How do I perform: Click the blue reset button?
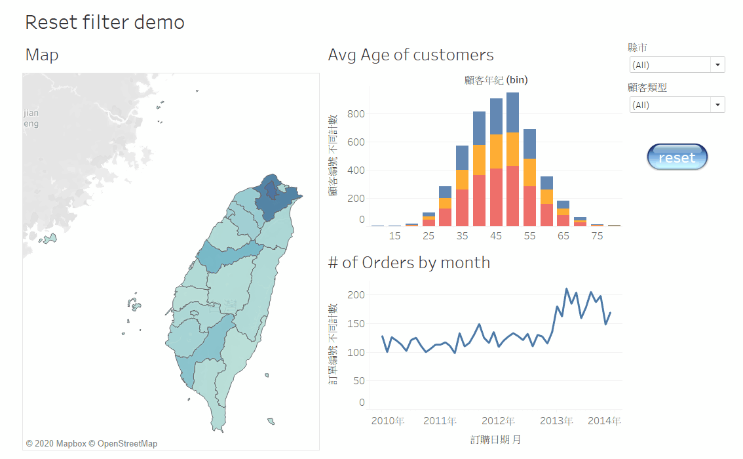pos(677,157)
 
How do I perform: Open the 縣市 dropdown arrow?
pos(718,65)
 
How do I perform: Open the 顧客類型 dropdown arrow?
pos(718,105)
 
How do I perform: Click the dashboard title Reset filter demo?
pos(105,22)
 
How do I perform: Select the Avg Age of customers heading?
pos(411,54)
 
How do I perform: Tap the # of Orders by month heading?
pos(409,263)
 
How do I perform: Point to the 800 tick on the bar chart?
pos(356,114)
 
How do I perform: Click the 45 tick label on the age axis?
pos(496,236)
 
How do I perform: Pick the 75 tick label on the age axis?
pos(597,236)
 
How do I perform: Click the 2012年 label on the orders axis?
pos(498,421)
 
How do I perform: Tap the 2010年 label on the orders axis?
pos(388,421)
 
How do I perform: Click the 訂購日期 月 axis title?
pos(495,439)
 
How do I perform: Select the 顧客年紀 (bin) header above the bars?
pos(495,80)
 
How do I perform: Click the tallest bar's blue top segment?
pos(512,112)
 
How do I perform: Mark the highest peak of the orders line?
pos(567,289)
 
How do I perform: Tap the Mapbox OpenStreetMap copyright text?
pos(92,444)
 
